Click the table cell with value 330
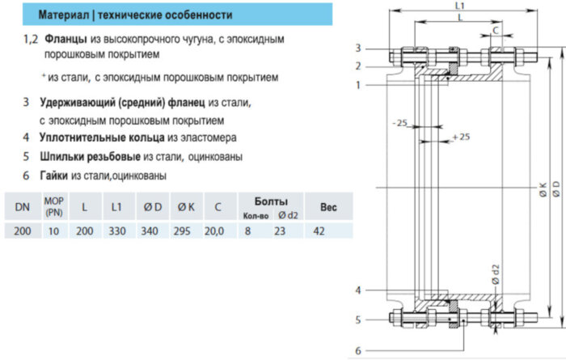[x=116, y=231]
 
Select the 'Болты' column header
[x=271, y=201]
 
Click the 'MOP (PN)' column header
[x=53, y=207]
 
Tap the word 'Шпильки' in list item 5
[x=63, y=156]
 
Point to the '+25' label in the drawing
[x=461, y=138]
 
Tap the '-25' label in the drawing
[x=399, y=123]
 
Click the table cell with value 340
[x=150, y=231]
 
